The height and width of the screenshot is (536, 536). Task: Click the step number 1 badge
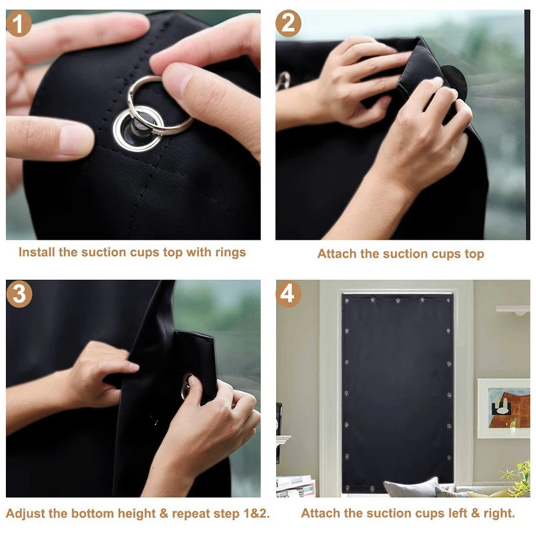point(19,24)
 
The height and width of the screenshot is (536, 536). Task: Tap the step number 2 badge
point(288,24)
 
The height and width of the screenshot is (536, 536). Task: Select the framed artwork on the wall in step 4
point(503,408)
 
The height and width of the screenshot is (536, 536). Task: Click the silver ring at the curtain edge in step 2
point(283,80)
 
